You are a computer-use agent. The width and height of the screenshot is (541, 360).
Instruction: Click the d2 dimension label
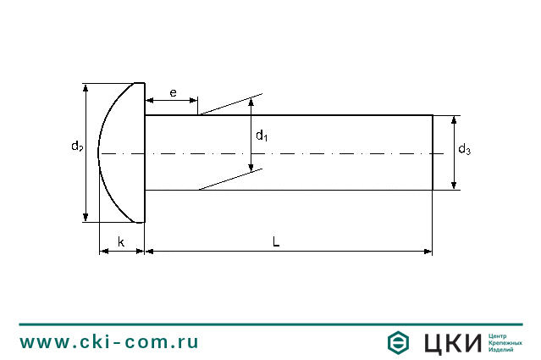pos(76,147)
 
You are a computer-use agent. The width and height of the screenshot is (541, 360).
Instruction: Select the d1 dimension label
pos(262,136)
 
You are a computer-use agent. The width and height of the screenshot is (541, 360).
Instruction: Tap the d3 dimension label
pos(464,150)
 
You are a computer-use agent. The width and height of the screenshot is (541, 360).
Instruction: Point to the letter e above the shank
pos(173,91)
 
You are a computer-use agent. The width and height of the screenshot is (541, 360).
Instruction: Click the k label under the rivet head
pos(121,242)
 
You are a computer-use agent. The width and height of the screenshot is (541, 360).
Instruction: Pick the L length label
pos(276,241)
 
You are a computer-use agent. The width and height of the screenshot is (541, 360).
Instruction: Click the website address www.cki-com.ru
pos(109,341)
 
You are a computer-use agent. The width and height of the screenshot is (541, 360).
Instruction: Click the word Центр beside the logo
pos(500,335)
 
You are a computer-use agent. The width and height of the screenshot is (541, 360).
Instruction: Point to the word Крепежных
pos(505,342)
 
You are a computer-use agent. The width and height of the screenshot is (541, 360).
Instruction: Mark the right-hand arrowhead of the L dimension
pos(428,251)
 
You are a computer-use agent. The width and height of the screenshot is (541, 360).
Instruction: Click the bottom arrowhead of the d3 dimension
pos(454,186)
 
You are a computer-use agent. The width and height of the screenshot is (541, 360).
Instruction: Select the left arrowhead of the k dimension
pos(103,251)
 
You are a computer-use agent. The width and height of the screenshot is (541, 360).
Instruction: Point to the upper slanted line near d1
pos(231,103)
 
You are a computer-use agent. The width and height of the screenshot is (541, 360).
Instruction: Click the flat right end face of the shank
pos(433,152)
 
